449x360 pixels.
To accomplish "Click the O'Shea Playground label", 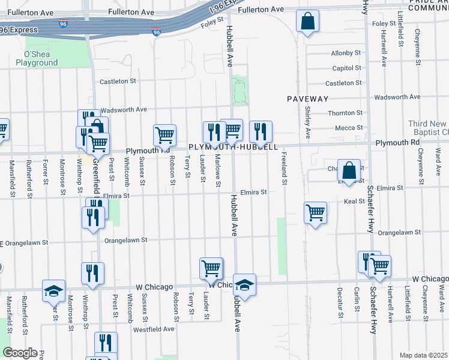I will pyautogui.click(x=37, y=58).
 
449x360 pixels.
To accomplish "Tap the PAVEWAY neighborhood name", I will pyautogui.click(x=307, y=98).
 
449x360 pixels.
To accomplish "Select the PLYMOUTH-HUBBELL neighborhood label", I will pyautogui.click(x=233, y=147).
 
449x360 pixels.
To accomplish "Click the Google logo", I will pyautogui.click(x=19, y=352).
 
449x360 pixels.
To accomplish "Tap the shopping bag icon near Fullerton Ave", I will pyautogui.click(x=307, y=22).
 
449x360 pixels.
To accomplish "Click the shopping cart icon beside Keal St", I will pyautogui.click(x=316, y=212).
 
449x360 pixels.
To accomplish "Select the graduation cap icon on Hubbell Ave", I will pyautogui.click(x=244, y=284).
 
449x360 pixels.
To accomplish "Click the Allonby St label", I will pyautogui.click(x=345, y=53).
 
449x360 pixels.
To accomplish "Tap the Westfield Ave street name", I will pyautogui.click(x=153, y=329).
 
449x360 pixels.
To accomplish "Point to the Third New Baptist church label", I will pyautogui.click(x=427, y=127).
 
